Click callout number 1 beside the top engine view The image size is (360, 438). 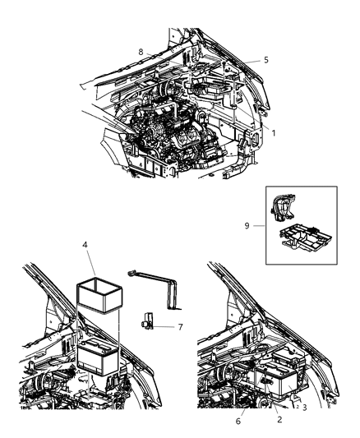tap(274, 133)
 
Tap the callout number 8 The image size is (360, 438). tap(141, 52)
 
